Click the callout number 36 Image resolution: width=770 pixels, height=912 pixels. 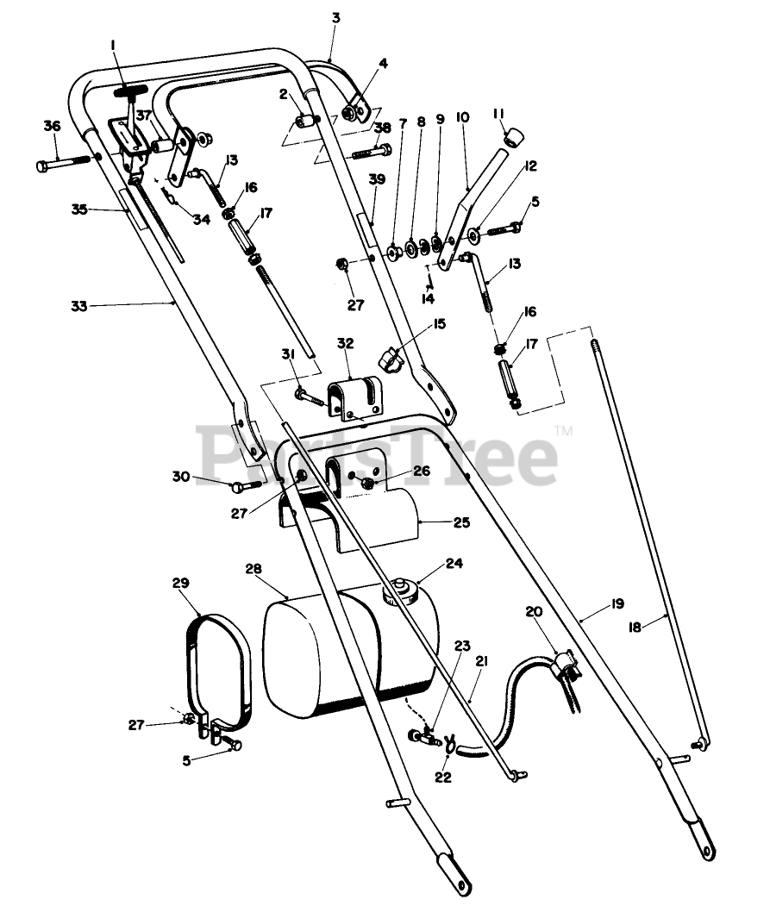[x=53, y=126]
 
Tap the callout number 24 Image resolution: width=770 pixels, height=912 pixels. [x=454, y=564]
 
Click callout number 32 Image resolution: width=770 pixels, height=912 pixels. [x=345, y=342]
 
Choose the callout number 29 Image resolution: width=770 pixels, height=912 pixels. [x=179, y=584]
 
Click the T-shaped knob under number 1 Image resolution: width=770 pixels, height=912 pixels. [x=129, y=91]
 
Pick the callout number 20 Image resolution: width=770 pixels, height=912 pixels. [x=534, y=611]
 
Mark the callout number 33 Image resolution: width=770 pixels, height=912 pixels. [x=79, y=305]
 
